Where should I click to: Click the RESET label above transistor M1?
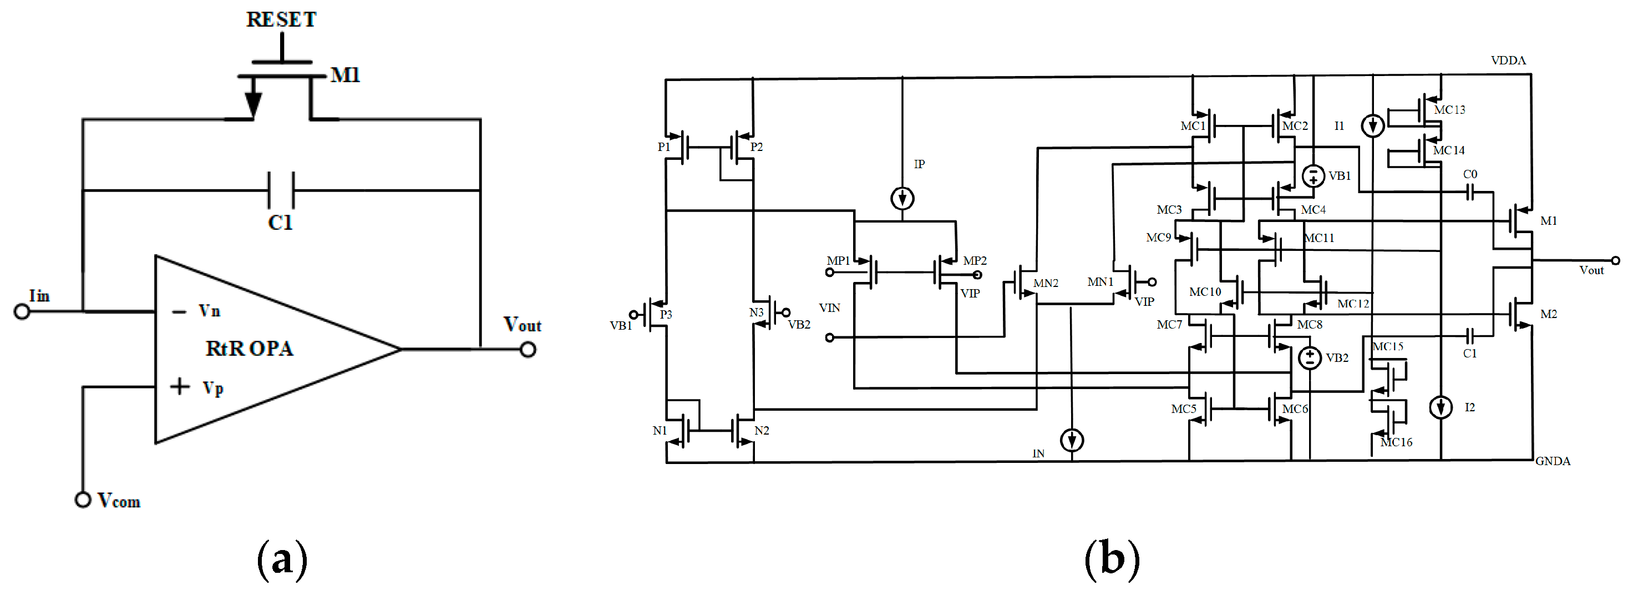tap(281, 19)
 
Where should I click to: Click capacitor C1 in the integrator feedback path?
tap(281, 190)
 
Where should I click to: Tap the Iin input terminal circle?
tap(22, 311)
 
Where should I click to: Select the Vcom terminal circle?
tap(83, 500)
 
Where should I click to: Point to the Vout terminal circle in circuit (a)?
tap(528, 350)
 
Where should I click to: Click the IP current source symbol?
tap(902, 199)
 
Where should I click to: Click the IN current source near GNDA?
tap(1071, 440)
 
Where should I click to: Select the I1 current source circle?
tap(1372, 125)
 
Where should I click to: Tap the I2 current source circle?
tap(1441, 407)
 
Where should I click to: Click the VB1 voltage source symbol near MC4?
tap(1313, 176)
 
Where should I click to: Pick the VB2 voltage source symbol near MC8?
tap(1310, 358)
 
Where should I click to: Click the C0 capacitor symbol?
tap(1469, 191)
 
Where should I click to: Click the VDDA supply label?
tap(1508, 60)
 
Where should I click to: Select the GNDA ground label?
tap(1553, 461)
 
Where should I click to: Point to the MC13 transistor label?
tap(1449, 110)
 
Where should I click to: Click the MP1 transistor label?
tap(838, 261)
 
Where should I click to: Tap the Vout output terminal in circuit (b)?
tap(1615, 261)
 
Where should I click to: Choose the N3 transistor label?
tap(755, 312)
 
